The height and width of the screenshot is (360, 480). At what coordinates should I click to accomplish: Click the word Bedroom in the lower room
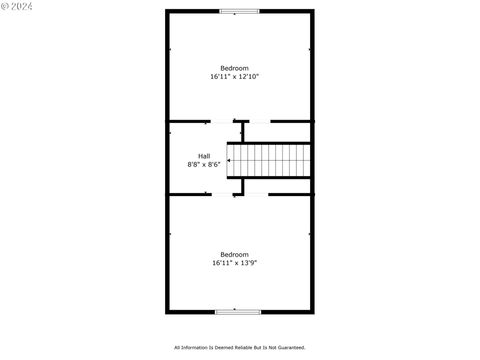235,254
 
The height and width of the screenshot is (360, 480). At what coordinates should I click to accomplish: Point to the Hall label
204,155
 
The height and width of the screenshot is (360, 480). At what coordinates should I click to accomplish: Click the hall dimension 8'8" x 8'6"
204,164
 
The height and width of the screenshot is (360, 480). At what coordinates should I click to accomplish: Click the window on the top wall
239,11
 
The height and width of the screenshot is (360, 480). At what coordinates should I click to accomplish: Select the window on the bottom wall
239,312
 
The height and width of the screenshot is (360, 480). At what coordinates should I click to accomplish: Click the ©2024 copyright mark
18,6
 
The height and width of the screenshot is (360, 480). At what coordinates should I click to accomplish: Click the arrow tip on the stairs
231,158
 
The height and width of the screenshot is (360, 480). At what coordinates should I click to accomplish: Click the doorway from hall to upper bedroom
222,122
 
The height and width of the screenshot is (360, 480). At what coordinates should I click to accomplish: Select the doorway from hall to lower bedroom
222,194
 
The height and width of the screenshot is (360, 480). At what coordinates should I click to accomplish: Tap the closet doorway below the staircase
257,194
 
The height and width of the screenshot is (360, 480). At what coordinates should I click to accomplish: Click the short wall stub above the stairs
243,131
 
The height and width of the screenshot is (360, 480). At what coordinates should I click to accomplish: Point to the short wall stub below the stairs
243,186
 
